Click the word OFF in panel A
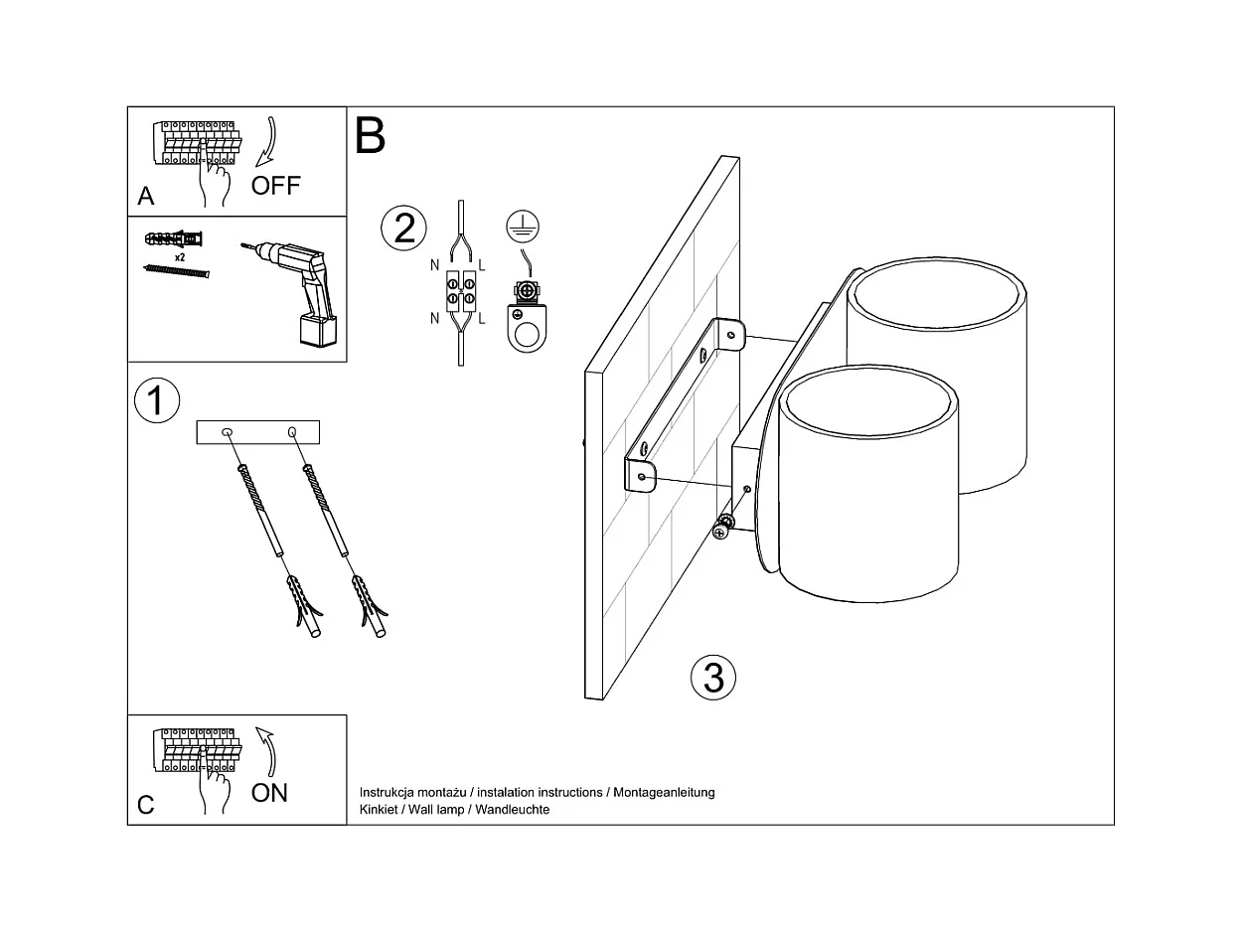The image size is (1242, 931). (x=275, y=185)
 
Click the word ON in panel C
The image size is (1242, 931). (x=269, y=792)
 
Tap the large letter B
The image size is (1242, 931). (x=370, y=135)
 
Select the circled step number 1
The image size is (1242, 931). (x=156, y=400)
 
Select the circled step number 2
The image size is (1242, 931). (x=404, y=228)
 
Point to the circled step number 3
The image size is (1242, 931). (x=713, y=678)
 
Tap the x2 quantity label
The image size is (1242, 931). (x=181, y=256)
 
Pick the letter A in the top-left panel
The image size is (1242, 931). (x=146, y=196)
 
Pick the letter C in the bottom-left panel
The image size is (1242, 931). (x=146, y=804)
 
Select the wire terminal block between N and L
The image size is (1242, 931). (x=460, y=288)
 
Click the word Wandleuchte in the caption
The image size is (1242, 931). (x=513, y=810)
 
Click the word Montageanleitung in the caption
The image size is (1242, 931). (x=664, y=793)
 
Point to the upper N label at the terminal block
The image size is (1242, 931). (x=435, y=265)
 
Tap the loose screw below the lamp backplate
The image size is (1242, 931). (x=723, y=528)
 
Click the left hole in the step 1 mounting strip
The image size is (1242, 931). (x=227, y=432)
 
